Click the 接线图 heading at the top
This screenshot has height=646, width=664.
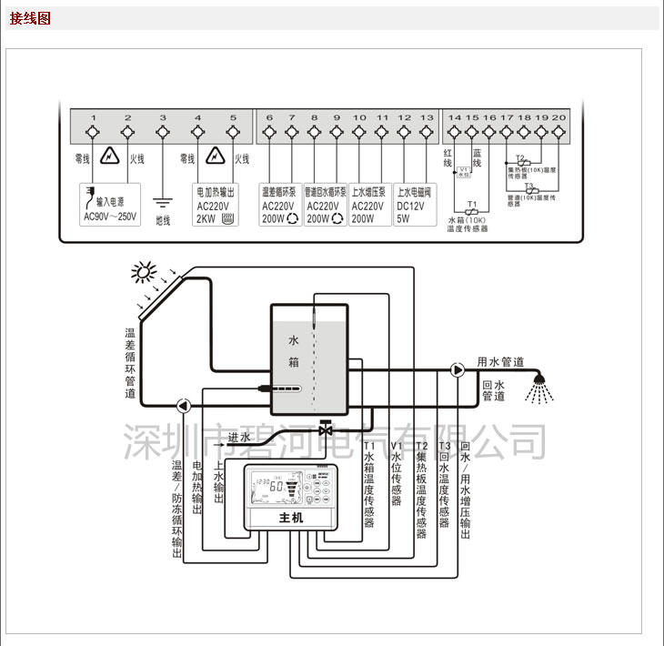point(30,18)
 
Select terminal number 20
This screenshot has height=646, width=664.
point(558,118)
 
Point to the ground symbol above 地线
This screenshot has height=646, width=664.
point(163,203)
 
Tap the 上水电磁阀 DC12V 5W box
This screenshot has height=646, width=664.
point(415,205)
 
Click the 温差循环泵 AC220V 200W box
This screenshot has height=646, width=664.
point(280,205)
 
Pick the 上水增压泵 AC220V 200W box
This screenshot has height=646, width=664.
point(369,205)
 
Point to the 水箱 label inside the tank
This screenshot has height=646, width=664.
point(294,351)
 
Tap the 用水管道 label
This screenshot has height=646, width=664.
point(499,361)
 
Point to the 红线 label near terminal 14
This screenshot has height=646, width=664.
point(447,156)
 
